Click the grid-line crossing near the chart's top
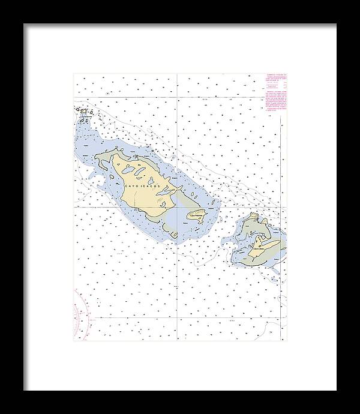click(x=177, y=96)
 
